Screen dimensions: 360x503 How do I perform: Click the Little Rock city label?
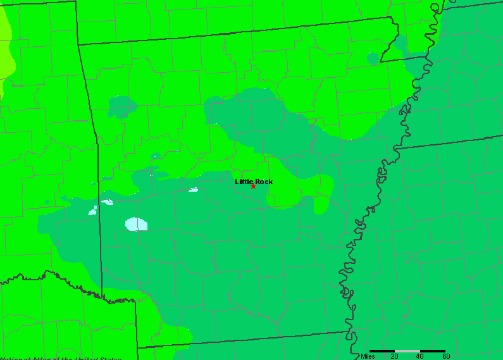click(254, 182)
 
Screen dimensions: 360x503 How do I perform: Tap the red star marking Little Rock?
click(253, 186)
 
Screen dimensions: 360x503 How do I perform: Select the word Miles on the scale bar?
click(368, 356)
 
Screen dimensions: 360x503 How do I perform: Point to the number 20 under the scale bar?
click(394, 356)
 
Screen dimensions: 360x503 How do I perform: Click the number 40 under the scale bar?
click(420, 356)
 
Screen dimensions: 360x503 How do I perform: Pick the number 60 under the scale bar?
click(445, 356)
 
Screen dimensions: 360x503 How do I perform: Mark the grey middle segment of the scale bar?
click(407, 351)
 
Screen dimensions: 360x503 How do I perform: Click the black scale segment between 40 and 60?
click(433, 351)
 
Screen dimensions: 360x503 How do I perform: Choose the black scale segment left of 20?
click(382, 351)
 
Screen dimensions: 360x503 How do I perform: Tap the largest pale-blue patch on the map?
click(137, 223)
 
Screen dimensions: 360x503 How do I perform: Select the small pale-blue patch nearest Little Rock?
click(194, 189)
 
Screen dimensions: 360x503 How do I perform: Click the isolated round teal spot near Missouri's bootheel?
click(373, 58)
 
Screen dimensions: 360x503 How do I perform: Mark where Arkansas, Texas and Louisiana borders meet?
click(137, 347)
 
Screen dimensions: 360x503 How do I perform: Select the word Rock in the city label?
click(264, 182)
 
